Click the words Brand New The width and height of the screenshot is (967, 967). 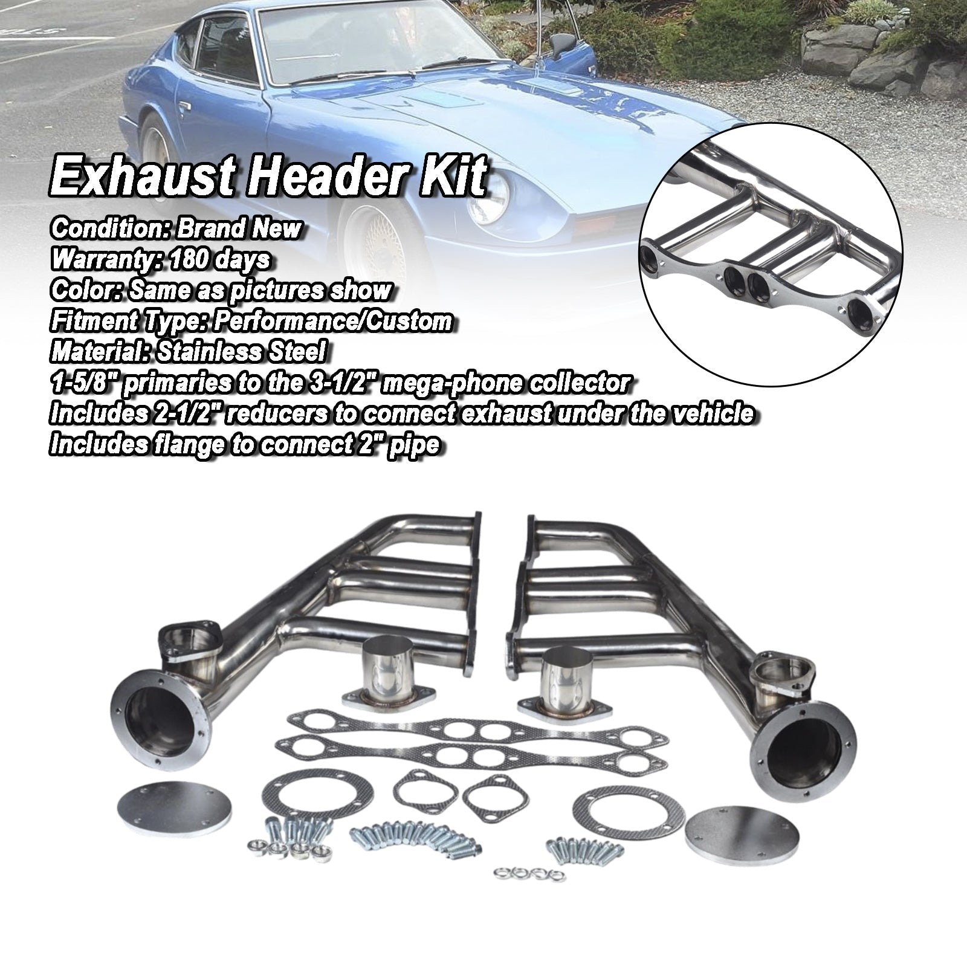[x=238, y=228]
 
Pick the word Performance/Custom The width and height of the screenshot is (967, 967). [x=335, y=320]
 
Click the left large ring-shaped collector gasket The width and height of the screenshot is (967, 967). [x=317, y=796]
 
